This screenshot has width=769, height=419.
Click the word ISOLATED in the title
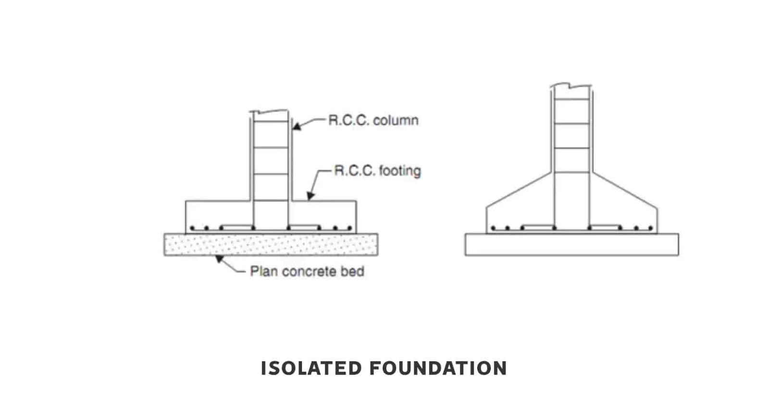311,369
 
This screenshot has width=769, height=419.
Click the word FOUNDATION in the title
438,369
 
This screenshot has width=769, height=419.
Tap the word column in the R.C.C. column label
396,120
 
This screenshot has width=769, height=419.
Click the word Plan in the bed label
264,272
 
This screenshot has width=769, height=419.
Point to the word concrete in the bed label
309,272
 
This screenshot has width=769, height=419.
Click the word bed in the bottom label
352,272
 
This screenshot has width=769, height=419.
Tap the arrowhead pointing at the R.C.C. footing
310,196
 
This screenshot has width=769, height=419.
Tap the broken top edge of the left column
270,112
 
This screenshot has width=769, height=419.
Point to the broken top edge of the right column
571,86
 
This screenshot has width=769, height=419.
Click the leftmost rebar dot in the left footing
192,228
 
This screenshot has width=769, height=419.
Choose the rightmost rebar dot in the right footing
651,228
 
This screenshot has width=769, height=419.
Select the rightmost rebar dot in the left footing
349,228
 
